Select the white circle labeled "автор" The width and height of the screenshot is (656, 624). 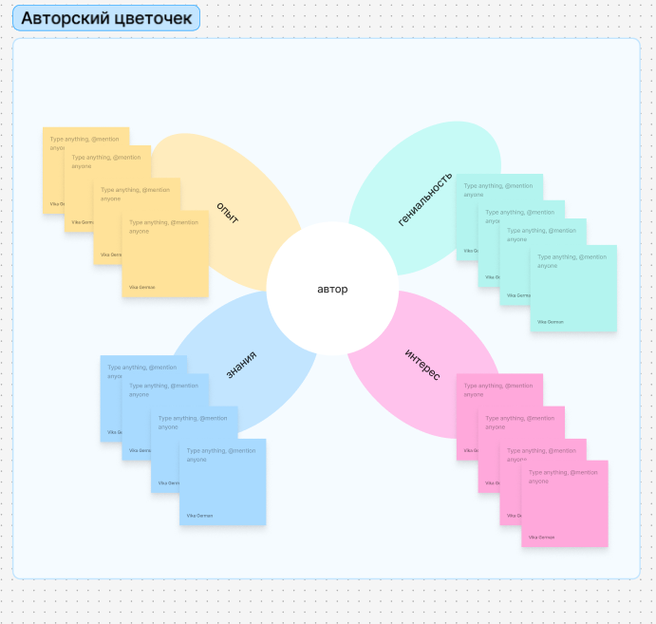tap(331, 289)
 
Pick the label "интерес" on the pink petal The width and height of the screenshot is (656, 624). tap(422, 365)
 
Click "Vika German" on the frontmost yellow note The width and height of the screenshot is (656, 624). tap(142, 287)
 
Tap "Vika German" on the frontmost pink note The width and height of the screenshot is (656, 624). tap(542, 537)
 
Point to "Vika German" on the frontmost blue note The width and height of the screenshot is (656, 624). tap(199, 516)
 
